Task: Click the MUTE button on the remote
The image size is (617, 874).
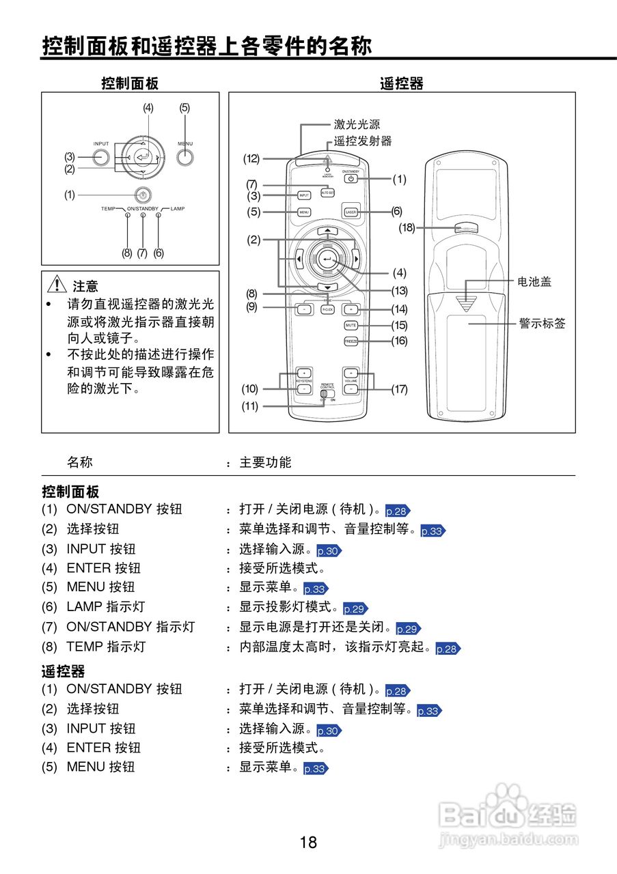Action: pos(351,325)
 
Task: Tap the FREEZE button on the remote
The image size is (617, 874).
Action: pos(351,341)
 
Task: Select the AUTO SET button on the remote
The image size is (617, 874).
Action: pos(328,193)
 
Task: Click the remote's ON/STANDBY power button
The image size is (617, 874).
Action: pos(351,179)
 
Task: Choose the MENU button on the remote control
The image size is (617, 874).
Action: pos(305,212)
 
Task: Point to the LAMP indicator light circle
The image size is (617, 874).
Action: pos(159,216)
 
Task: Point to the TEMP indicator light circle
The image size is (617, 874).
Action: pos(128,216)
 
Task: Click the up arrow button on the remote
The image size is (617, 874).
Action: pos(327,231)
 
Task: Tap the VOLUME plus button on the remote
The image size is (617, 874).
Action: pos(351,373)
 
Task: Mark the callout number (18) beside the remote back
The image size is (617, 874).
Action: pos(407,228)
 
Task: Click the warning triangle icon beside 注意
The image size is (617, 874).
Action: pos(57,285)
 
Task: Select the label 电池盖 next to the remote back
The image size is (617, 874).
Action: pos(534,281)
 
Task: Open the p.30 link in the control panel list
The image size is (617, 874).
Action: pos(328,551)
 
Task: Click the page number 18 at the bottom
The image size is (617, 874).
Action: pos(308,842)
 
